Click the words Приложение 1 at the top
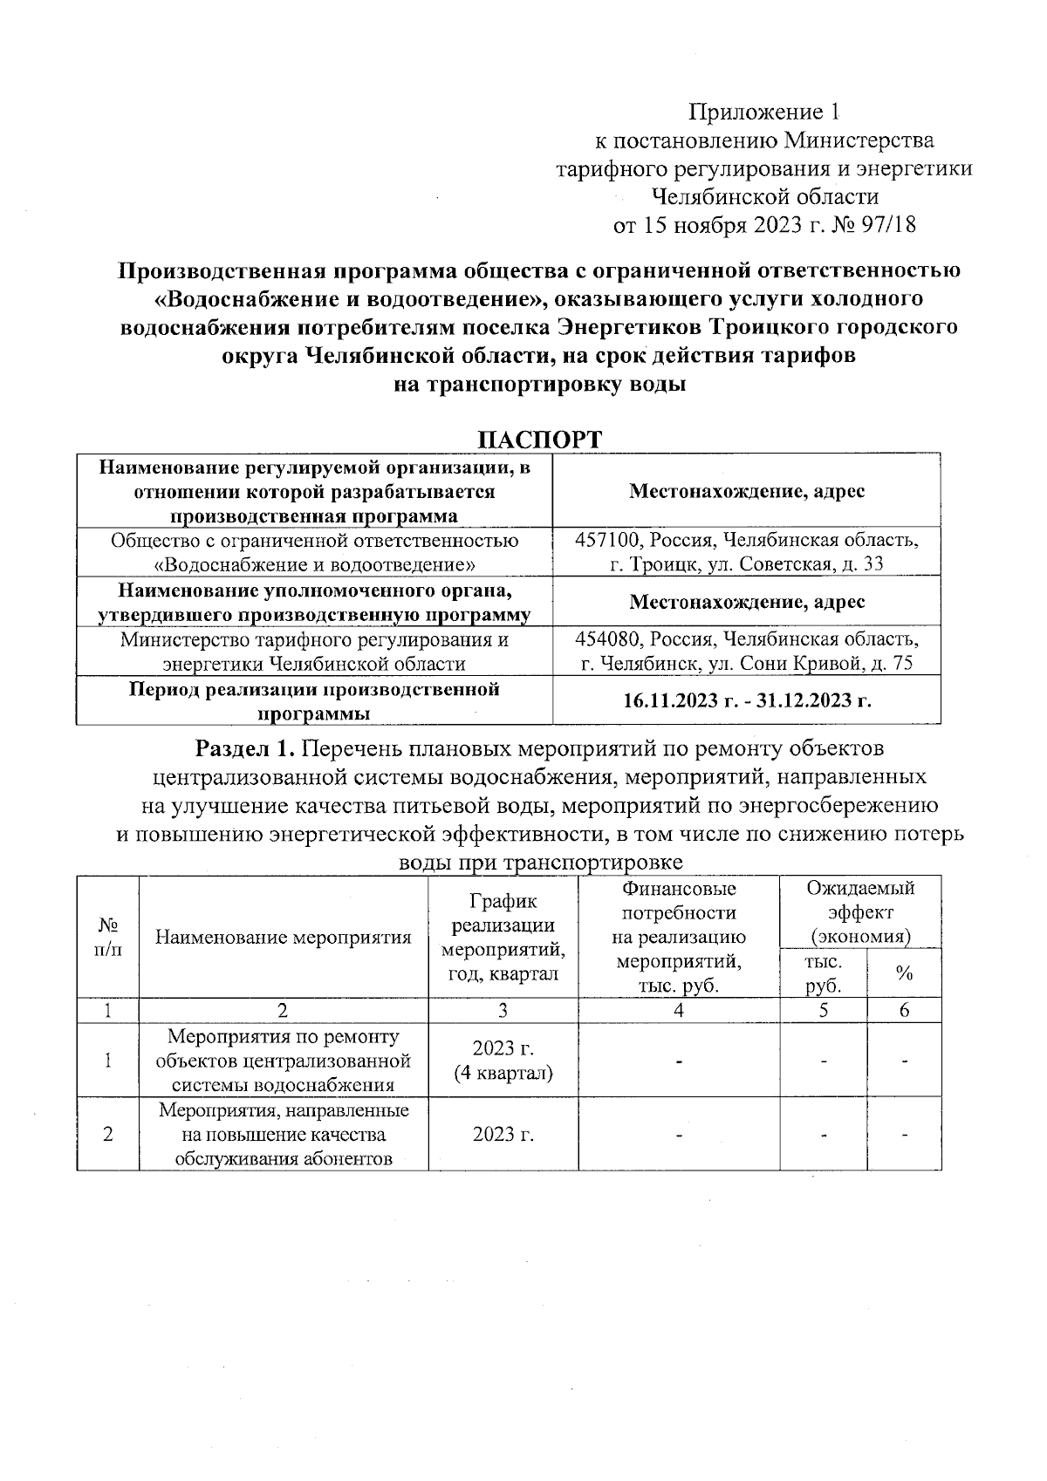coord(764,113)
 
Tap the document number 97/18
coord(888,225)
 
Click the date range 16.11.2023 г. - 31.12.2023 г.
coord(747,700)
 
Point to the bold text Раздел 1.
coord(249,748)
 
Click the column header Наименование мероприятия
coord(284,938)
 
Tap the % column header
coord(904,973)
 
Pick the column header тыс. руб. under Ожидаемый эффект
coord(824,973)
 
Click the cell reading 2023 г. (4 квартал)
coord(503,1060)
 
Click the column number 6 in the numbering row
coord(904,1010)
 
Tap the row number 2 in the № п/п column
coord(107,1134)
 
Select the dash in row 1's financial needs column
coord(678,1061)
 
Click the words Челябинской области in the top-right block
coord(765,197)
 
